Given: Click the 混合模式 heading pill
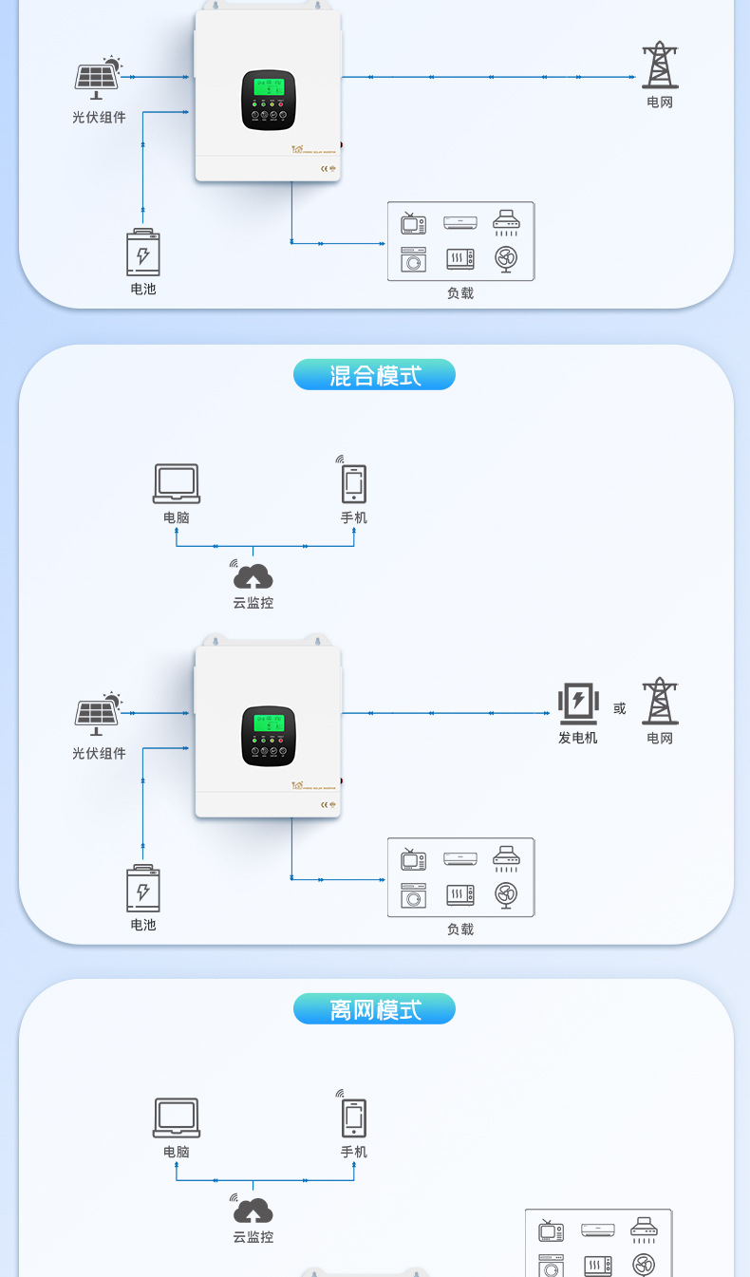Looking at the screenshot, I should pyautogui.click(x=374, y=375).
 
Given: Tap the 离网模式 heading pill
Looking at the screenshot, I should pyautogui.click(x=374, y=1008).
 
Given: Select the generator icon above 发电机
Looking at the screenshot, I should pyautogui.click(x=577, y=703).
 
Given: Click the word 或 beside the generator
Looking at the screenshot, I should pyautogui.click(x=620, y=708).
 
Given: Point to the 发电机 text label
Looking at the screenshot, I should pyautogui.click(x=577, y=738).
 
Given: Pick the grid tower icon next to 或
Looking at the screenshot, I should pyautogui.click(x=660, y=702).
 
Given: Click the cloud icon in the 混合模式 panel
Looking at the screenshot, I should pyautogui.click(x=253, y=574).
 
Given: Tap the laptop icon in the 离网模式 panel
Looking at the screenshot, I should pyautogui.click(x=177, y=1117).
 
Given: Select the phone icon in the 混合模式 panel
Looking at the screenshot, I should pyautogui.click(x=354, y=483).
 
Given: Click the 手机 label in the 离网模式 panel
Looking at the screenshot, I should pyautogui.click(x=354, y=1152).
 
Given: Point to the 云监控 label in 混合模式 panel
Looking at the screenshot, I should pyautogui.click(x=253, y=602).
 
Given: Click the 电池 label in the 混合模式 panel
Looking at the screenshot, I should pyautogui.click(x=143, y=924).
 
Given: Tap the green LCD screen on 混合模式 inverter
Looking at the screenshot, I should pyautogui.click(x=270, y=723).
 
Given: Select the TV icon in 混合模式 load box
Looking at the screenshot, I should pyautogui.click(x=413, y=859).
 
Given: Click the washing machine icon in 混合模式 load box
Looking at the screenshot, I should pyautogui.click(x=413, y=895).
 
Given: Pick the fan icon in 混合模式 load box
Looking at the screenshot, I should pyautogui.click(x=507, y=894).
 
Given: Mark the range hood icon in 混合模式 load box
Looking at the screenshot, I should pyautogui.click(x=507, y=859).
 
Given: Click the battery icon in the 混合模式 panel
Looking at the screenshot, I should pyautogui.click(x=143, y=889).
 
